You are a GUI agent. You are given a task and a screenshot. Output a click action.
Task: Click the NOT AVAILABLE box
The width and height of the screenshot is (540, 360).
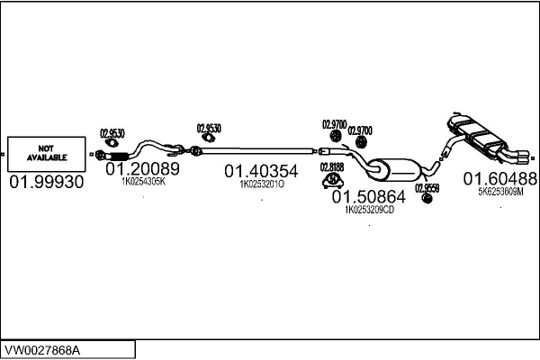click(x=46, y=154)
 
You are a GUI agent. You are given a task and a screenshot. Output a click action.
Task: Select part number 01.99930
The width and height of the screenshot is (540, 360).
click(x=46, y=182)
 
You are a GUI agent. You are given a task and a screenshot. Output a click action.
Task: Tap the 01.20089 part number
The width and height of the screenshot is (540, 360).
click(x=143, y=168)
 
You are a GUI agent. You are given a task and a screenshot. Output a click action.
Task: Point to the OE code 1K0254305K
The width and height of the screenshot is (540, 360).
click(x=143, y=181)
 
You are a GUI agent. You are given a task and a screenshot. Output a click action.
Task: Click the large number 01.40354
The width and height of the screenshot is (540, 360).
click(x=261, y=171)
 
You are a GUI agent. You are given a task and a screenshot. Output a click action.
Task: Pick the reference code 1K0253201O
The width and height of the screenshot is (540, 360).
click(x=261, y=184)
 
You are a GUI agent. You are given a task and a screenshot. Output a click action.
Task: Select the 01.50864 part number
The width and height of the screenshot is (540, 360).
click(x=369, y=195)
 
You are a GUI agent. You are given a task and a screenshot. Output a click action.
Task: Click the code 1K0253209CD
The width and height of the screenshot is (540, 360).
click(x=369, y=209)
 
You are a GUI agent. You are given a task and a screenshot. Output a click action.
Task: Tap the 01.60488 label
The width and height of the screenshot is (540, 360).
click(x=500, y=178)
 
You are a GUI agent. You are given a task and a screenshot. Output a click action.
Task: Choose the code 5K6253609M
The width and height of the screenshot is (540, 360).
click(x=500, y=191)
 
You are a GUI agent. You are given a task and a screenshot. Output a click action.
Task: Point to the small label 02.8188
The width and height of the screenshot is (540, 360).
click(x=331, y=166)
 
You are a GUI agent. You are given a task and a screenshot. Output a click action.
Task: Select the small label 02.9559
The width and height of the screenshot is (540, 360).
click(x=427, y=187)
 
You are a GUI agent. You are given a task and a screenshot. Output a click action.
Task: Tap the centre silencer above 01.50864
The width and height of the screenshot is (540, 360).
click(x=396, y=169)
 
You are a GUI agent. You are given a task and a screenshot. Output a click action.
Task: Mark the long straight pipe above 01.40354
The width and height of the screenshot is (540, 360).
click(x=261, y=148)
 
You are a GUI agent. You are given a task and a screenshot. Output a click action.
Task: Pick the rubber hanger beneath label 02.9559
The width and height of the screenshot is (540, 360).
click(x=427, y=199)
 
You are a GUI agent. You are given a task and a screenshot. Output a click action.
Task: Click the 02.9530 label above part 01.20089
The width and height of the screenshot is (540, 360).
click(x=111, y=132)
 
